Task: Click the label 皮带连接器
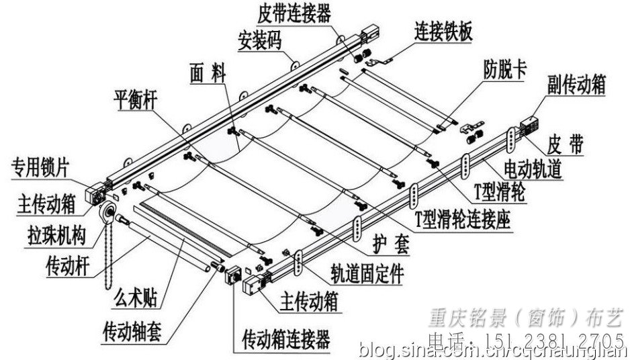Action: (x=294, y=13)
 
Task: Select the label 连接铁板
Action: (x=443, y=32)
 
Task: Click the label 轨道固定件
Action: (x=367, y=272)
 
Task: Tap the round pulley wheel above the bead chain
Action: (x=105, y=214)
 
